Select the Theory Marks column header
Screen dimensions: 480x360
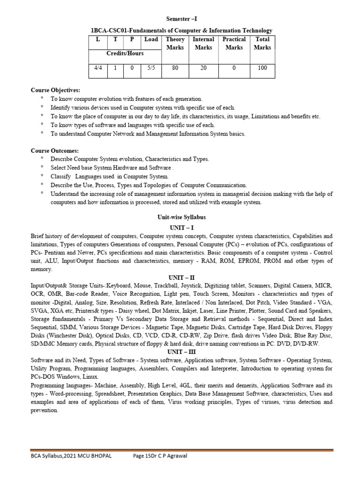pyautogui.click(x=175, y=44)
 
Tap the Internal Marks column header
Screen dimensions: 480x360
pyautogui.click(x=203, y=44)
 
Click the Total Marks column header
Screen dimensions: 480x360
pyautogui.click(x=262, y=44)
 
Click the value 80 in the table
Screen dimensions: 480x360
pyautogui.click(x=175, y=68)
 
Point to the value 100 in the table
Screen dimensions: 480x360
pyautogui.click(x=262, y=68)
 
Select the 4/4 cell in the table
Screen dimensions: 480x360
pyautogui.click(x=98, y=68)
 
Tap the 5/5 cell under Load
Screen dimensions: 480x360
pyautogui.click(x=151, y=68)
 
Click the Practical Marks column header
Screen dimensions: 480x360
pyautogui.click(x=234, y=44)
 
